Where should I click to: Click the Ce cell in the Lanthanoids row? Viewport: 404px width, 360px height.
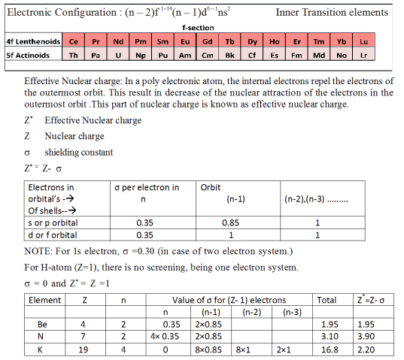coord(74,42)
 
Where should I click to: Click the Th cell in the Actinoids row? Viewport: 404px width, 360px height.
coord(74,55)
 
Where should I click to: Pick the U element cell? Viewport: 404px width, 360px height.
coord(117,55)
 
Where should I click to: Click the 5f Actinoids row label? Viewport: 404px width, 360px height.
coord(28,55)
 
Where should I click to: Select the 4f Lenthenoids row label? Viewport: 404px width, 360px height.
coord(32,42)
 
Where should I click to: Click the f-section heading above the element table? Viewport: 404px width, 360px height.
coord(198,28)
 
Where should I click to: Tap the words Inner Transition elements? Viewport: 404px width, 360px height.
coord(332,12)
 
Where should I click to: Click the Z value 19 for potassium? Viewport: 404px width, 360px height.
coord(85,349)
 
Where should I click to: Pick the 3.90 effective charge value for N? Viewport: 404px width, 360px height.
coord(366,337)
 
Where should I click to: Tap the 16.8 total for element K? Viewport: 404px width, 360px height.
coord(327,349)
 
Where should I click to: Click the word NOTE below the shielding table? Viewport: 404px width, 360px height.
coord(39,251)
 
